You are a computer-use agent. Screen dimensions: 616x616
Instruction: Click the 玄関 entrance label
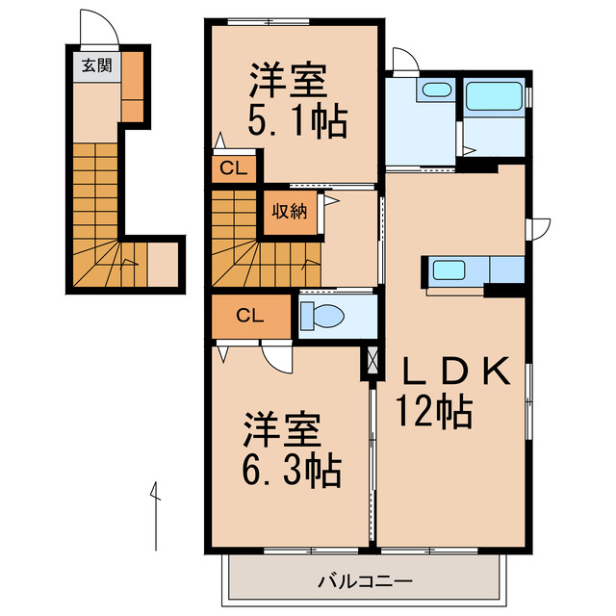coord(93,65)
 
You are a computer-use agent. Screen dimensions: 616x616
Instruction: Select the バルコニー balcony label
coord(365,582)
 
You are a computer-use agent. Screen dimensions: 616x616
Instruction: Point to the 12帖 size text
coord(432,413)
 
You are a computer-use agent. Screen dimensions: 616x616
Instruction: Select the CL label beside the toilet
coord(249,315)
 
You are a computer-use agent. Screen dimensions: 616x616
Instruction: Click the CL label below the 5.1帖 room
coord(234,169)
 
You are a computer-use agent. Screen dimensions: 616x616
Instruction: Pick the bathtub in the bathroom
coord(494,96)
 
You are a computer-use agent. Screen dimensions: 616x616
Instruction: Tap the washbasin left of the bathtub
coord(436,90)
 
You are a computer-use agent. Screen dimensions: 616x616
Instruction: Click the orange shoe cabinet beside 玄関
coord(133,86)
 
